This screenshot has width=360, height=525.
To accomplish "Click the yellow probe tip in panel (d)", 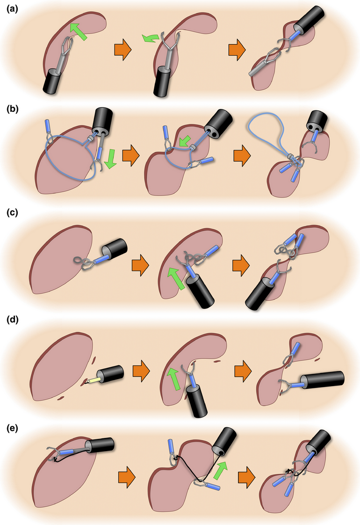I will click(x=92, y=379).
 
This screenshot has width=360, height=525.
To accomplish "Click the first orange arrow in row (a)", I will click(x=122, y=50).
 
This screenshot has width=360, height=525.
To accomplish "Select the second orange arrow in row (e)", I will click(x=246, y=478).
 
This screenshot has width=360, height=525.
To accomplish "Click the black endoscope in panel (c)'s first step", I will click(x=114, y=249).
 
